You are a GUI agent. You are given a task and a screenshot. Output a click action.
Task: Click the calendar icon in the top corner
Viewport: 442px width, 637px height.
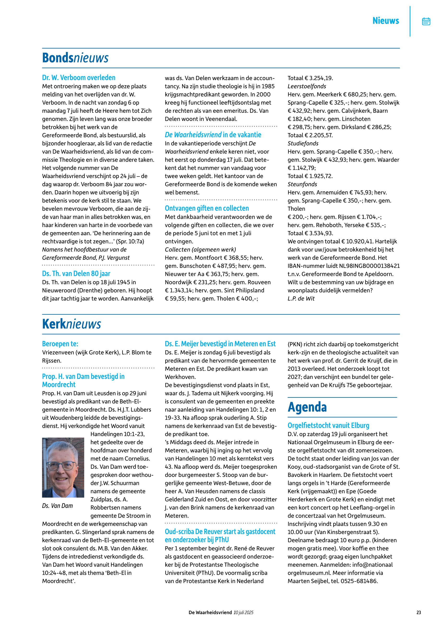click(426, 21)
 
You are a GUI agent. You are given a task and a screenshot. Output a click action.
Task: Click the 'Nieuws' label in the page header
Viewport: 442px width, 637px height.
click(385, 21)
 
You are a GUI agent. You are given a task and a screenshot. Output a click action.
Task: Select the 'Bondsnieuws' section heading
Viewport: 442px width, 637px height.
click(75, 58)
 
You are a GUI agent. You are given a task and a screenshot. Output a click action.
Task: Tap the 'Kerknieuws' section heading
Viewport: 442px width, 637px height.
click(71, 324)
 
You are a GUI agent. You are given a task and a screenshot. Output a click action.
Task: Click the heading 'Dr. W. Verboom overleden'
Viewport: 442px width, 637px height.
click(79, 78)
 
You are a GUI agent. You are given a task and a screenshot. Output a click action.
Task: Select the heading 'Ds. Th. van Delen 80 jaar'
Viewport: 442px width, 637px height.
click(76, 273)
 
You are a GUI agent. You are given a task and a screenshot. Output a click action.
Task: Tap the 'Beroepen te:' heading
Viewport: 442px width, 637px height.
click(60, 344)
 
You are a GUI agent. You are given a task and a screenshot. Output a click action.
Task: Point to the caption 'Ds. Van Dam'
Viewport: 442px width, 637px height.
click(57, 506)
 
